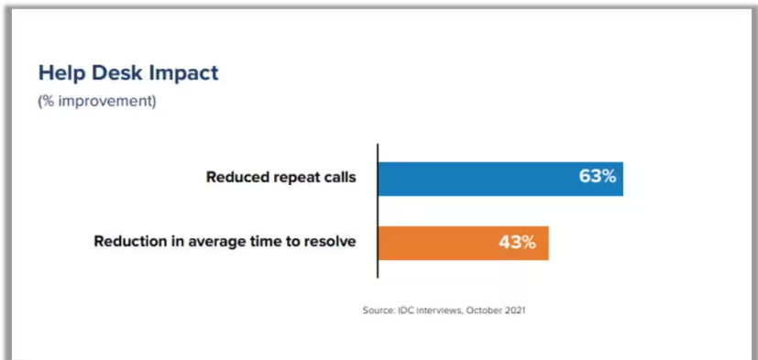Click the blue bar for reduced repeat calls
[x=500, y=179]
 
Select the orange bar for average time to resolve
[x=463, y=243]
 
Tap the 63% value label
[x=598, y=177]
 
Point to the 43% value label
[x=517, y=242]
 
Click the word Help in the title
[x=61, y=73]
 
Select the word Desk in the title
[x=117, y=73]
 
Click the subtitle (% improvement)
[x=97, y=103]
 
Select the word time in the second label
[x=252, y=241]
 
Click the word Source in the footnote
[x=375, y=311]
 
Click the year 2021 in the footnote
[x=516, y=311]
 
